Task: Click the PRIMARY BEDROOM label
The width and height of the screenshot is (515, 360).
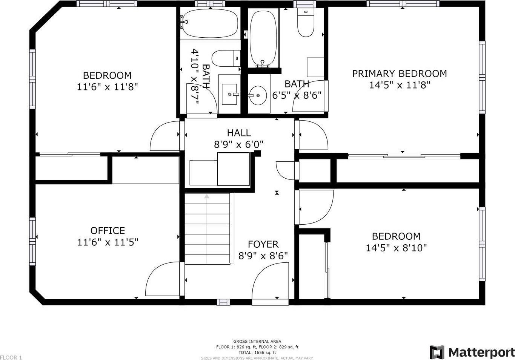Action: (x=400, y=74)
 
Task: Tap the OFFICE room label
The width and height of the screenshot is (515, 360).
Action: (x=108, y=231)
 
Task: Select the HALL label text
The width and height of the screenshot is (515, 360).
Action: (x=239, y=133)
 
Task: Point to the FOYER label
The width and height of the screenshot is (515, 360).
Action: (x=263, y=244)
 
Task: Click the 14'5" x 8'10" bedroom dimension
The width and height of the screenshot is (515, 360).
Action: (x=396, y=248)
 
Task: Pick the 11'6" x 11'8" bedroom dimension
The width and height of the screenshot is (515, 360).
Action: (x=108, y=87)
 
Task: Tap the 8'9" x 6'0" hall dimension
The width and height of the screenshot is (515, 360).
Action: (x=239, y=145)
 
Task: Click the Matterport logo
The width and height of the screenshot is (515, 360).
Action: (x=472, y=352)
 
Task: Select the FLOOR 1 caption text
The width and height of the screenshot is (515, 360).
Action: (x=11, y=357)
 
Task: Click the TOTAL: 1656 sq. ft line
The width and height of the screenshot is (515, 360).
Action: (x=257, y=352)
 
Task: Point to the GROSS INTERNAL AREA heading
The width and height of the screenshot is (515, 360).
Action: (x=257, y=342)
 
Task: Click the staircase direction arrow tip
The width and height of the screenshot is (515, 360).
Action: (x=207, y=195)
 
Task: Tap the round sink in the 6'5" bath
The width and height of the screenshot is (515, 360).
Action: (x=258, y=95)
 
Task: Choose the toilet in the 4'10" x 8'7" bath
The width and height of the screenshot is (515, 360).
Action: (x=226, y=58)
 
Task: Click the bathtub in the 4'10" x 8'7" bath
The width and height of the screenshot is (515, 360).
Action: (x=210, y=23)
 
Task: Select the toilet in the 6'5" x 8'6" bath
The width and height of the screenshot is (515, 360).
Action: (x=306, y=22)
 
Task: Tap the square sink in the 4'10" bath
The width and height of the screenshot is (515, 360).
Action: (x=229, y=94)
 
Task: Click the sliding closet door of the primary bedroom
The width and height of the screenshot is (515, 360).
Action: (x=404, y=156)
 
